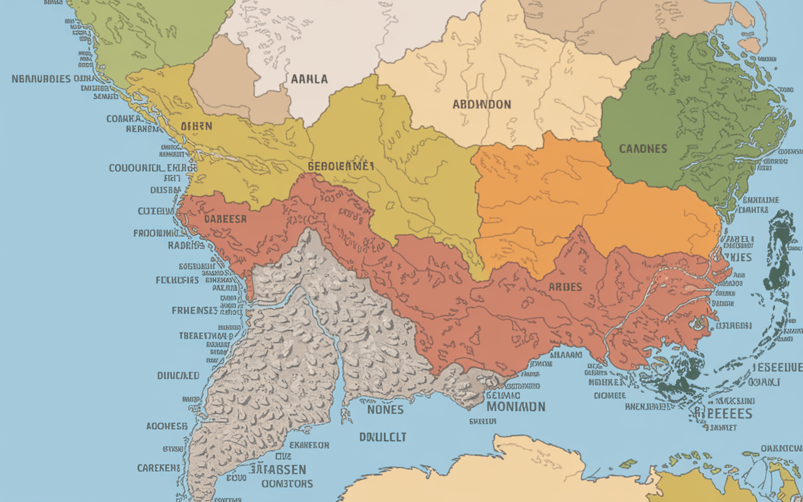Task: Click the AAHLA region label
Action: point(309,79)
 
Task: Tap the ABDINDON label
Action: point(482,104)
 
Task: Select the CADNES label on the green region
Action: point(643,149)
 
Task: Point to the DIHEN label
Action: point(196,126)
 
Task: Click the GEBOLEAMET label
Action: point(341,166)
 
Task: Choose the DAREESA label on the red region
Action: point(225,220)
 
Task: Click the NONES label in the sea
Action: point(385,409)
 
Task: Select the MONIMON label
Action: point(516,407)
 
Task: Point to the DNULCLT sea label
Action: point(382,437)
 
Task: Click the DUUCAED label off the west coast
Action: point(178,375)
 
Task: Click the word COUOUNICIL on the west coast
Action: point(137,168)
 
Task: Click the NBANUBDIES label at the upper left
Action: point(42,79)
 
